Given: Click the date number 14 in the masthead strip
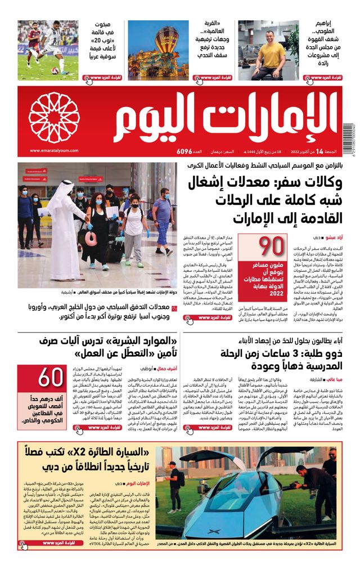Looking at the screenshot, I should (319, 151).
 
